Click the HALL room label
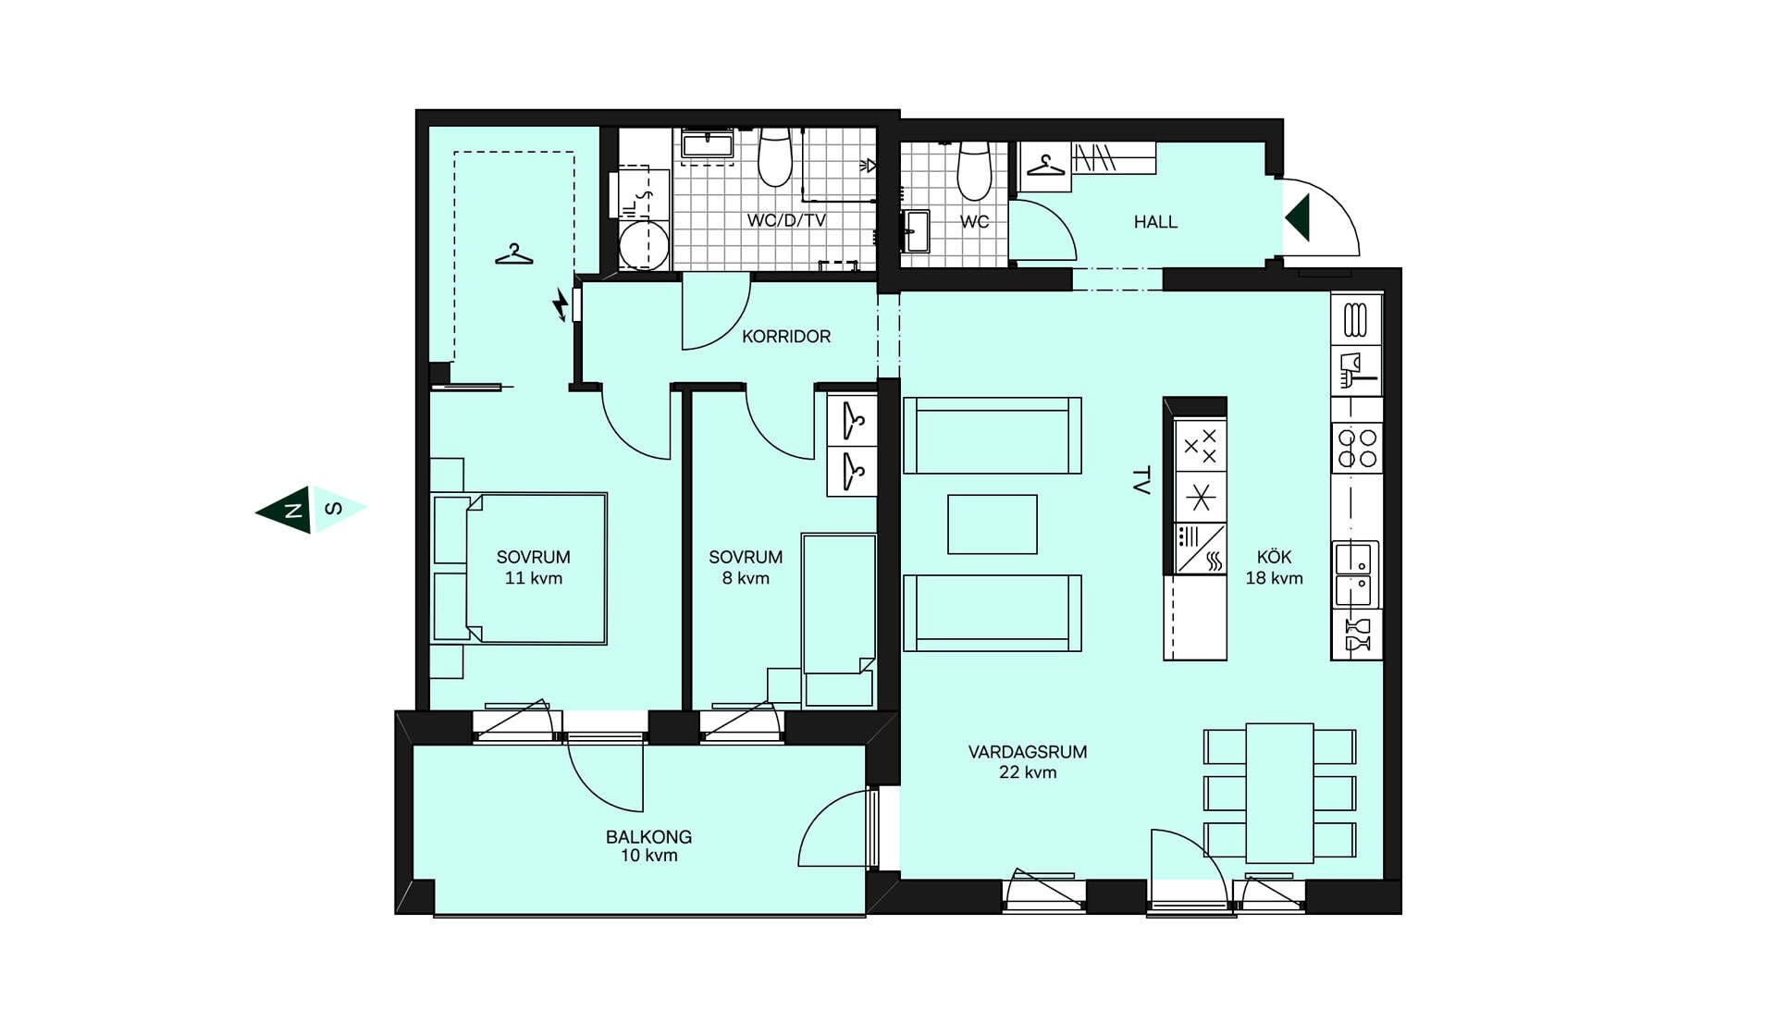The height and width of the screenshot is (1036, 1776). [x=1155, y=222]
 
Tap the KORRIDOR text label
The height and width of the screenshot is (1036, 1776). [x=786, y=337]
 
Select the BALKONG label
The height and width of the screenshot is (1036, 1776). [x=648, y=837]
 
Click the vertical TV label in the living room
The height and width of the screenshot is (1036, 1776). [x=1141, y=481]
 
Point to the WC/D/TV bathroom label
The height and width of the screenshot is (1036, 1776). [x=786, y=221]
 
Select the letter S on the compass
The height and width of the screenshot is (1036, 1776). [x=334, y=509]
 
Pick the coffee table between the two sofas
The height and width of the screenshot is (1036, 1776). [x=993, y=524]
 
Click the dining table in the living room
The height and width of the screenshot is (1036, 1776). [x=1280, y=794]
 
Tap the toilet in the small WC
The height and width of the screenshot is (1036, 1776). [x=974, y=169]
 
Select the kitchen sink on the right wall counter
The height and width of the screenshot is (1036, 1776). [x=1355, y=573]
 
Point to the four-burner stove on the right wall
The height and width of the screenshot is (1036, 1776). [x=1357, y=448]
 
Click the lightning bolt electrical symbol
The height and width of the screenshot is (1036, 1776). [x=560, y=304]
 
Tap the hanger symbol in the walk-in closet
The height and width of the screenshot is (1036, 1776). [x=514, y=253]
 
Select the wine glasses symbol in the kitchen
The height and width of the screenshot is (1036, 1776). [x=1357, y=635]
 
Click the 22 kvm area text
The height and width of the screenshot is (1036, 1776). [x=1028, y=772]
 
